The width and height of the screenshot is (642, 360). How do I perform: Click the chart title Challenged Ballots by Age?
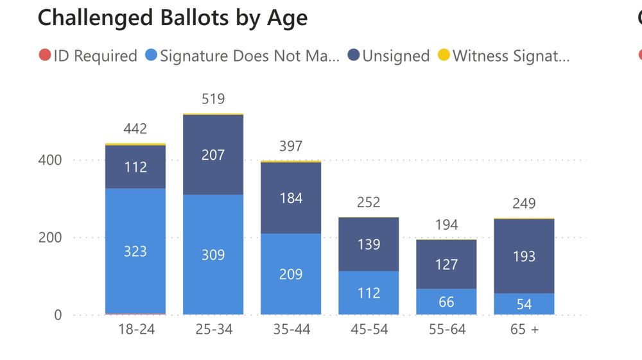172,18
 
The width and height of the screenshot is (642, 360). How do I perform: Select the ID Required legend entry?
88,56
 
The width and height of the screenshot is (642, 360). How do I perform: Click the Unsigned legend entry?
388,56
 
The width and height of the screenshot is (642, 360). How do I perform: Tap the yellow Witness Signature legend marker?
443,56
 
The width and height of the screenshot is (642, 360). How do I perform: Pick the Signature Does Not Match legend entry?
243,56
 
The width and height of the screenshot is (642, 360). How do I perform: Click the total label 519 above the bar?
213,99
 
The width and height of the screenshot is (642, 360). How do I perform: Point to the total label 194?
446,225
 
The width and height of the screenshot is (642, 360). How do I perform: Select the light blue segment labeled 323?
135,252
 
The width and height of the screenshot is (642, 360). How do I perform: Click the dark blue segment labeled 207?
213,155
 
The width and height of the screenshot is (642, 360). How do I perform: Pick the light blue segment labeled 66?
446,302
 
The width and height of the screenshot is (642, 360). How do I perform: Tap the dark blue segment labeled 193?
524,256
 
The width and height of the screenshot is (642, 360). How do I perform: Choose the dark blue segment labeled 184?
291,198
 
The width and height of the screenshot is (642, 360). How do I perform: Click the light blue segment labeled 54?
524,304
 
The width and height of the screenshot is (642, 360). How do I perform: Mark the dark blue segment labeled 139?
369,244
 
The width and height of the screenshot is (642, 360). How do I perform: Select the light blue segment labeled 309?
213,255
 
